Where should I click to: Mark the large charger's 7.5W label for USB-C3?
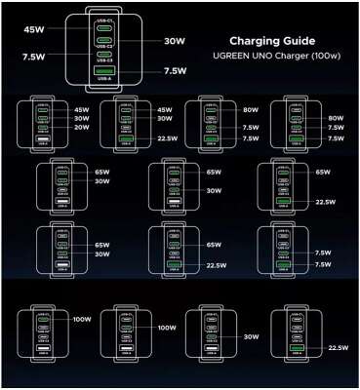31,57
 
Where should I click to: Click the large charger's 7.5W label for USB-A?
175,70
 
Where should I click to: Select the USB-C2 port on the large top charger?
104,42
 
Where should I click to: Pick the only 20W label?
82,127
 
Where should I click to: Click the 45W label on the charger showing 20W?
82,109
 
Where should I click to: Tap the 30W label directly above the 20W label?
82,118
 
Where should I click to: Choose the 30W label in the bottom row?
251,336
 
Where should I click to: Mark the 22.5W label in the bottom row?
339,348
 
